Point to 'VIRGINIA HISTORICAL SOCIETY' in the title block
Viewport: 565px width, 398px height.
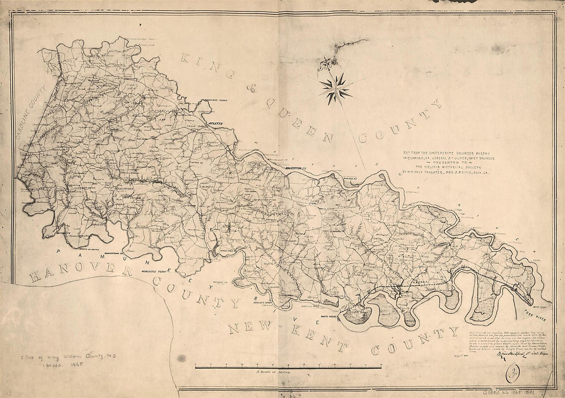click(x=442, y=166)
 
